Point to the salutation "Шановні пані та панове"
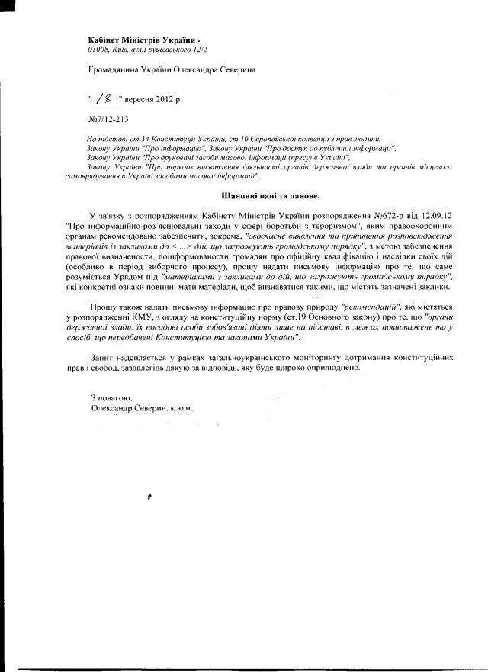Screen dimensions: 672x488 point(252,196)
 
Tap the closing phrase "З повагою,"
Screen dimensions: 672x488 point(111,397)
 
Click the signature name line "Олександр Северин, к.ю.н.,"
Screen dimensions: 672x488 point(142,408)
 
